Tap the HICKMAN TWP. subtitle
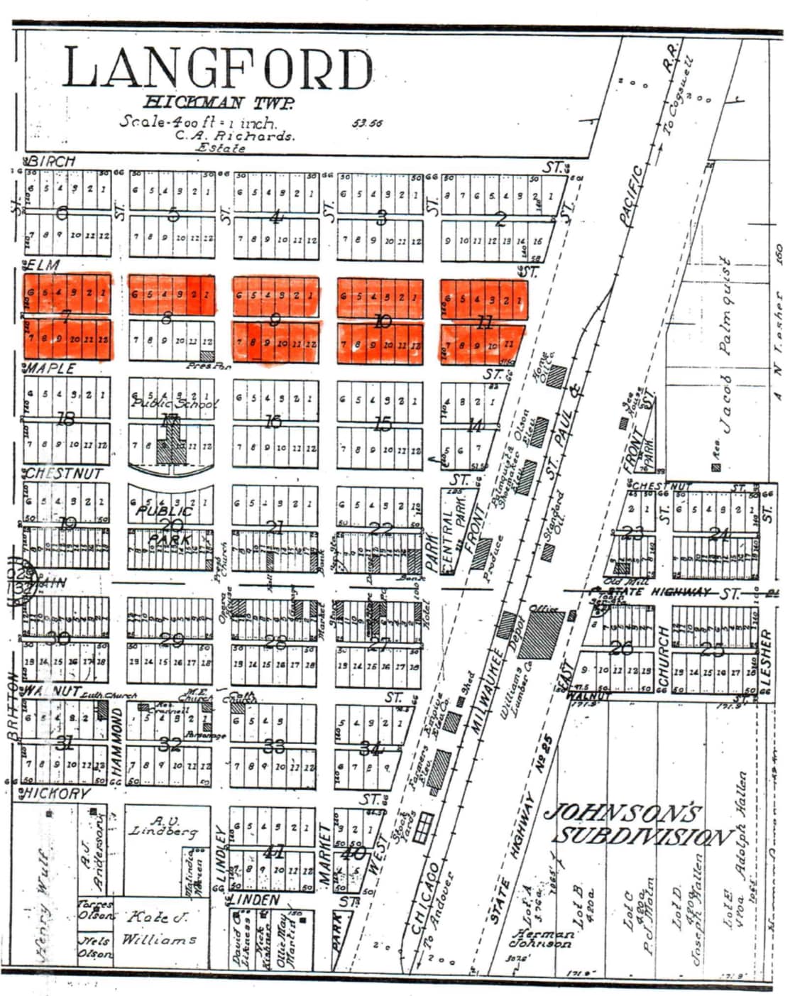click(219, 103)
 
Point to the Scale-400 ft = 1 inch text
click(197, 121)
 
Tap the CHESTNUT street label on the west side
click(64, 474)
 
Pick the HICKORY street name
click(57, 794)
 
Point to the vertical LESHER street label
click(765, 657)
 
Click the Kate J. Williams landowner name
click(157, 929)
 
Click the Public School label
click(174, 403)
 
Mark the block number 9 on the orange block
click(275, 320)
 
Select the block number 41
click(274, 851)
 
